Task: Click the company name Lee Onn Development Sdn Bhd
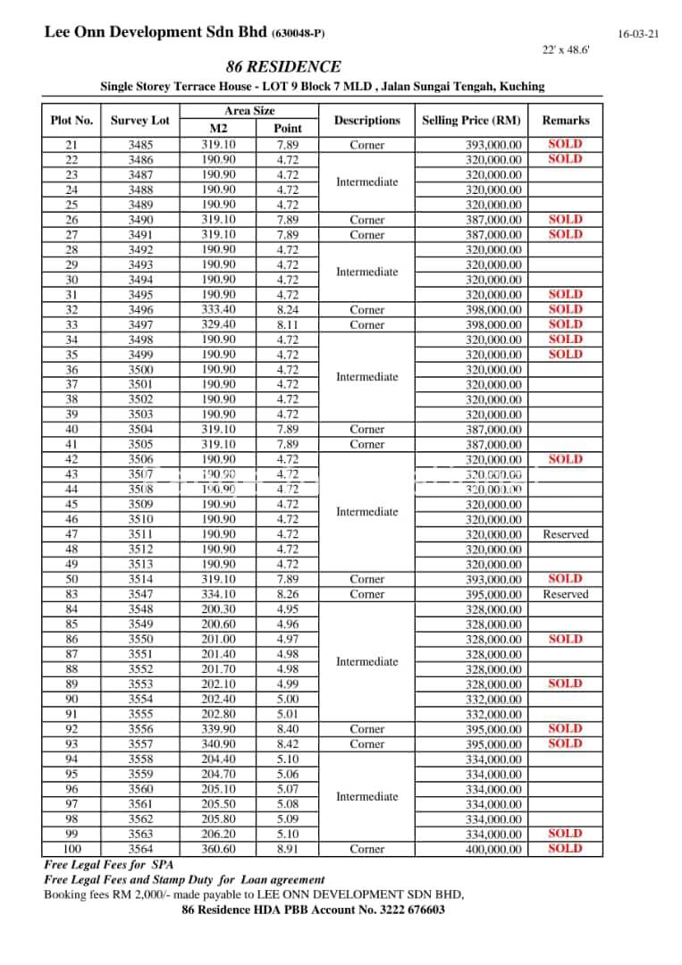coord(156,33)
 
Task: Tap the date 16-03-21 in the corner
coord(637,34)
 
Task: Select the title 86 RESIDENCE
coord(283,67)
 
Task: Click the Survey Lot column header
coord(139,121)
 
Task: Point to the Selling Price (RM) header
coord(471,121)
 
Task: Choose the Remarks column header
coord(566,121)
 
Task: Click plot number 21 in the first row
coord(72,145)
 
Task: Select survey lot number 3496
coord(140,310)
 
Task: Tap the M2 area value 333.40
coord(218,310)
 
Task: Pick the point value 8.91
coord(288,850)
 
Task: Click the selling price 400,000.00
coord(493,850)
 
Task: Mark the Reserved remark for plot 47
coord(566,534)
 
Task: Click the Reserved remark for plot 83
coord(566,594)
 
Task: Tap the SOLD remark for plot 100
coord(565,849)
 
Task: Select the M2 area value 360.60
coord(218,850)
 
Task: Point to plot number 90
coord(72,700)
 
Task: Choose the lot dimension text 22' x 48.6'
coord(566,50)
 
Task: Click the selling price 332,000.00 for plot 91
coord(493,715)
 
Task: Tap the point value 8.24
coord(288,310)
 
